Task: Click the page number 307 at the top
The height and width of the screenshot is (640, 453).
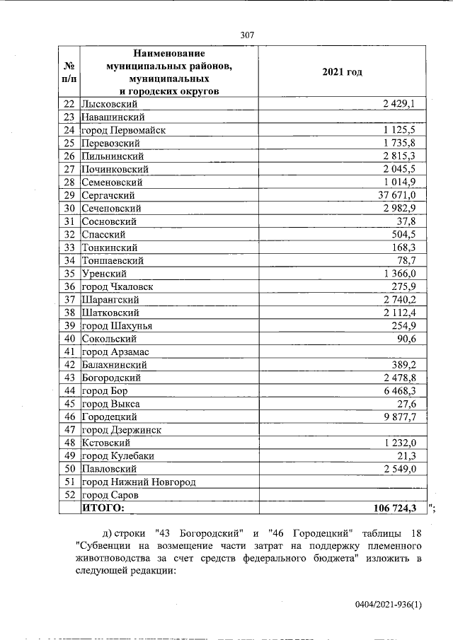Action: point(247,35)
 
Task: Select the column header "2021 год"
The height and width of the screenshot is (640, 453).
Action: point(342,72)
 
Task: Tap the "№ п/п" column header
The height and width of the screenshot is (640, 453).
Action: point(69,72)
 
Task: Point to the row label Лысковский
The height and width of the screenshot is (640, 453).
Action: point(115,104)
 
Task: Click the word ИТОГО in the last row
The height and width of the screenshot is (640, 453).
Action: point(103,508)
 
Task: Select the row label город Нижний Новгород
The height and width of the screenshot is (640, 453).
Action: point(139,482)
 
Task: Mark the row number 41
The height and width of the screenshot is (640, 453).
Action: point(69,351)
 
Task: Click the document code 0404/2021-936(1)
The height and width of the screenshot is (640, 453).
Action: point(389,605)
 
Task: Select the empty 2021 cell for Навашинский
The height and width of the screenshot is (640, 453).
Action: point(342,117)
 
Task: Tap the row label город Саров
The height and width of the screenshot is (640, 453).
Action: point(110,495)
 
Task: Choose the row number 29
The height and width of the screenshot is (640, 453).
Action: point(69,195)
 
